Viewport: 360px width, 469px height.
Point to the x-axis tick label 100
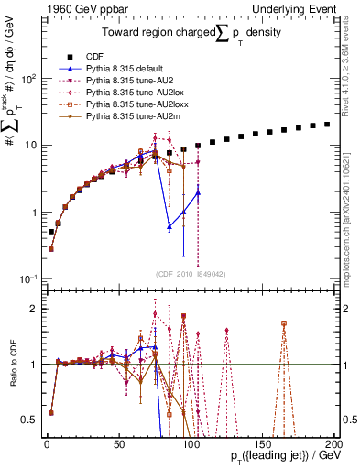click(190, 444)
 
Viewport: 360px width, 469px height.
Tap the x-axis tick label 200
click(333, 444)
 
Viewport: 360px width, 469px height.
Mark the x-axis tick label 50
click(118, 444)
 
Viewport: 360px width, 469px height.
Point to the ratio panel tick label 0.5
click(27, 420)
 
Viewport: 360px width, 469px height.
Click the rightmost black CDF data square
click(327, 125)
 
